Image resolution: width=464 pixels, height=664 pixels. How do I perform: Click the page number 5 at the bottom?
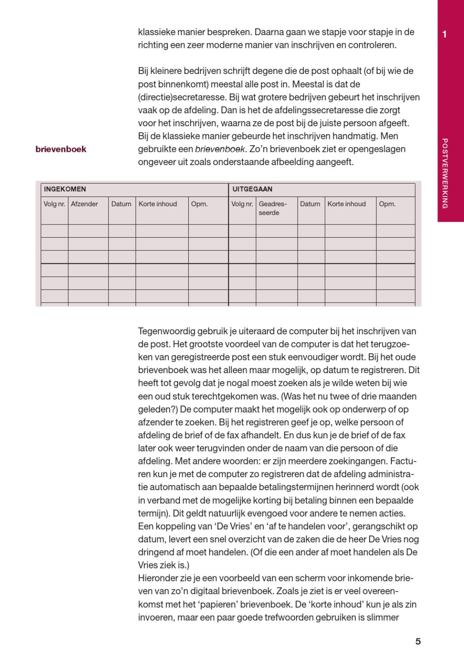[x=418, y=641]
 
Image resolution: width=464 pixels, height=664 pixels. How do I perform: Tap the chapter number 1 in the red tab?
[x=445, y=34]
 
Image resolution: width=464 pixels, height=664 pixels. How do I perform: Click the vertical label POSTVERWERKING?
[x=445, y=173]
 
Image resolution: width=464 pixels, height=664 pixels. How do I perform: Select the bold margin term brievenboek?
[x=61, y=149]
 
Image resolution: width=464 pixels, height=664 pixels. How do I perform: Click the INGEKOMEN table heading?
[x=65, y=189]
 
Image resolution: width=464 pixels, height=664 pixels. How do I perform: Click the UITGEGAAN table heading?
[x=252, y=189]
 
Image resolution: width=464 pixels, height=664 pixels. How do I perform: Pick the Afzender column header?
[x=84, y=204]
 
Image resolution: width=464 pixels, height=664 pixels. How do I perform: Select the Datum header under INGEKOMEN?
[x=121, y=204]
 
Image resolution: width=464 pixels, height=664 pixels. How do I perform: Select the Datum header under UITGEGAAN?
[x=310, y=204]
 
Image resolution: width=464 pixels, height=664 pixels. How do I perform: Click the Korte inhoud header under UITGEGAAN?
[x=347, y=204]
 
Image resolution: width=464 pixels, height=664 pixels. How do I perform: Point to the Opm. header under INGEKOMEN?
[x=199, y=204]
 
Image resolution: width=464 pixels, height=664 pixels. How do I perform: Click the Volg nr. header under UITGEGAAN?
[x=242, y=204]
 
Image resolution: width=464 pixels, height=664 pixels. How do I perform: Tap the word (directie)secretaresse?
[x=176, y=97]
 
